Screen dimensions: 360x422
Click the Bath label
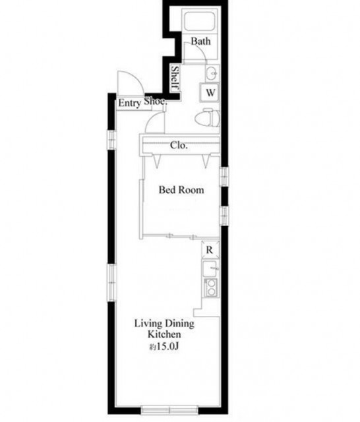click(x=200, y=42)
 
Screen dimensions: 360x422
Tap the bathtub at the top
click(x=199, y=21)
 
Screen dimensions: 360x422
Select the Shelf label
click(x=175, y=78)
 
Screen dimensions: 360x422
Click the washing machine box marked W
click(x=210, y=92)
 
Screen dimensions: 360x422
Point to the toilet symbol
click(x=207, y=118)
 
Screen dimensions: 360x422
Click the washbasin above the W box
click(x=212, y=73)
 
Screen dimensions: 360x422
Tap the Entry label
click(x=129, y=104)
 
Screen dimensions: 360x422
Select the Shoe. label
click(x=156, y=102)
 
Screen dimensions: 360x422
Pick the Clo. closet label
click(x=179, y=146)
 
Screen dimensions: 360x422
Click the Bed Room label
click(x=181, y=190)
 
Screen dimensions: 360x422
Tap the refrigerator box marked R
click(x=210, y=250)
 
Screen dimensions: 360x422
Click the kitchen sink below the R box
click(x=210, y=268)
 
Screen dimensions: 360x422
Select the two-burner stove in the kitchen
click(x=211, y=287)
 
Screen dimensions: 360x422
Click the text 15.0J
click(x=167, y=346)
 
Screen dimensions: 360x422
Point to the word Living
click(x=148, y=324)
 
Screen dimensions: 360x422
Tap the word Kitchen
click(x=164, y=334)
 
